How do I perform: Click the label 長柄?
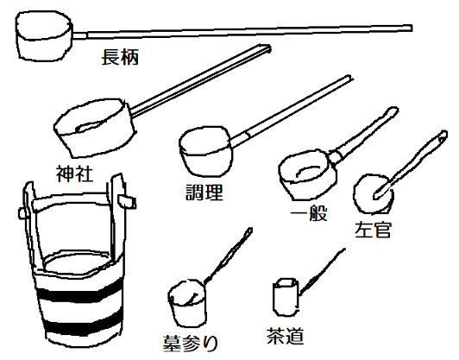(x=120, y=59)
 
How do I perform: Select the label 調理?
(x=204, y=192)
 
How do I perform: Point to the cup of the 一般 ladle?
(x=303, y=172)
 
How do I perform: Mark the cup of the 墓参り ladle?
(x=187, y=300)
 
